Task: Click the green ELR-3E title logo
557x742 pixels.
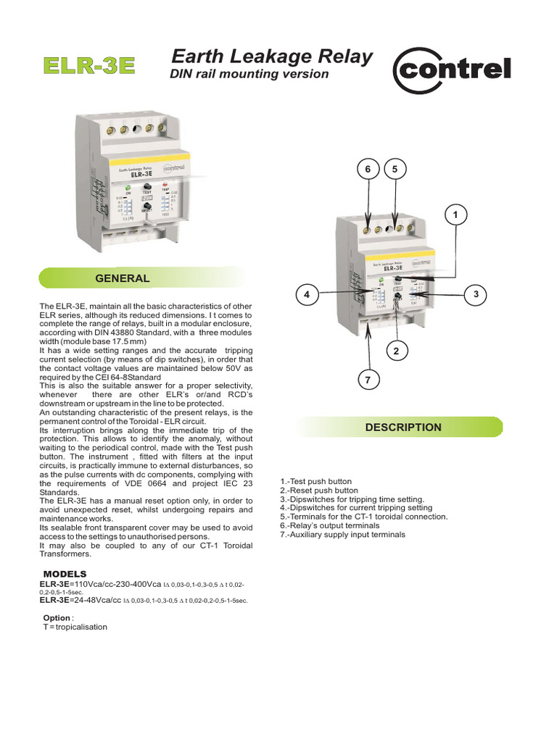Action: tap(89, 65)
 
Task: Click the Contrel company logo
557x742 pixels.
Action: tap(451, 70)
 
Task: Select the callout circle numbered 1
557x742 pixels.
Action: tap(455, 215)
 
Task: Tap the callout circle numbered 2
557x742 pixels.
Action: tap(396, 351)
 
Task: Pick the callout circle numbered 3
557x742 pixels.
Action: tap(476, 294)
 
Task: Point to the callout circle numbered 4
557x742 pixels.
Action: tap(308, 294)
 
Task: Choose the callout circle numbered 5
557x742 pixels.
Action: tap(395, 169)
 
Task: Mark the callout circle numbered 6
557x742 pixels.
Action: tap(368, 169)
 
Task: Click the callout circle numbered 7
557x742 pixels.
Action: tap(368, 380)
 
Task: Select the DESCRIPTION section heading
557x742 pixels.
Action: tap(403, 428)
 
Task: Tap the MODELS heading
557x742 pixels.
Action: tap(65, 574)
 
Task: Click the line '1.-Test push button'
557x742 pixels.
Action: tap(315, 481)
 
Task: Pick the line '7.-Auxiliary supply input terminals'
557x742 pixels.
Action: tap(342, 535)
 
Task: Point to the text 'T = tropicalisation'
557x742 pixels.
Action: tap(75, 627)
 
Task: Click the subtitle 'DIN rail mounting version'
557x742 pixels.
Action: tap(249, 74)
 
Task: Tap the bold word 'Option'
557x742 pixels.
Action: tap(57, 618)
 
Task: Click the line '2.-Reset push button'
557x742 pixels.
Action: tap(318, 491)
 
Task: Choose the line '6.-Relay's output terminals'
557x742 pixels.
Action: tap(329, 526)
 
